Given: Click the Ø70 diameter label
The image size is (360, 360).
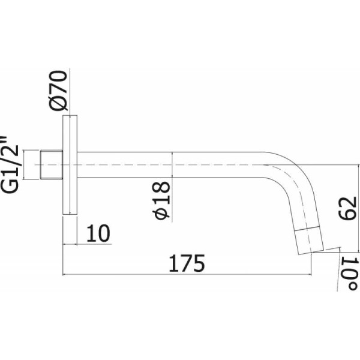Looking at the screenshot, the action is coord(58,91).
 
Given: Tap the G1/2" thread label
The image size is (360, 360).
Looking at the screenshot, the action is coord(10,164).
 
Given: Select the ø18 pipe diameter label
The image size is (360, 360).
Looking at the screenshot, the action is coord(161,200).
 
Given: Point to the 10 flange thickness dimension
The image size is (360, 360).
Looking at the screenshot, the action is coord(98,233).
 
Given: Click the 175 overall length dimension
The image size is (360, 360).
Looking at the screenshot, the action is coord(187,263).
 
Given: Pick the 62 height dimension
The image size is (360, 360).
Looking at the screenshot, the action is coord(347,208).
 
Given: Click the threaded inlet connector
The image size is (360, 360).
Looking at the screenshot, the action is coord(52,164).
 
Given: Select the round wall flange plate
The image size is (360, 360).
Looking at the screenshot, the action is coord(70,165).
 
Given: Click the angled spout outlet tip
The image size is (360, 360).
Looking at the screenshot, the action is coord(309,241).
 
